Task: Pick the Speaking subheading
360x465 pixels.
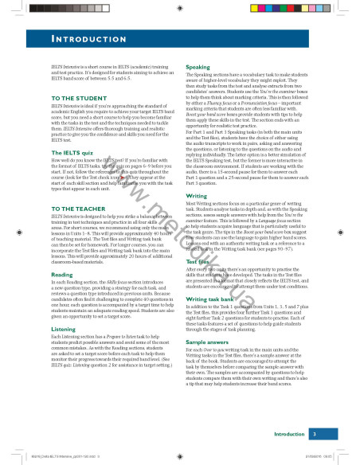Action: [x=198, y=68]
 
